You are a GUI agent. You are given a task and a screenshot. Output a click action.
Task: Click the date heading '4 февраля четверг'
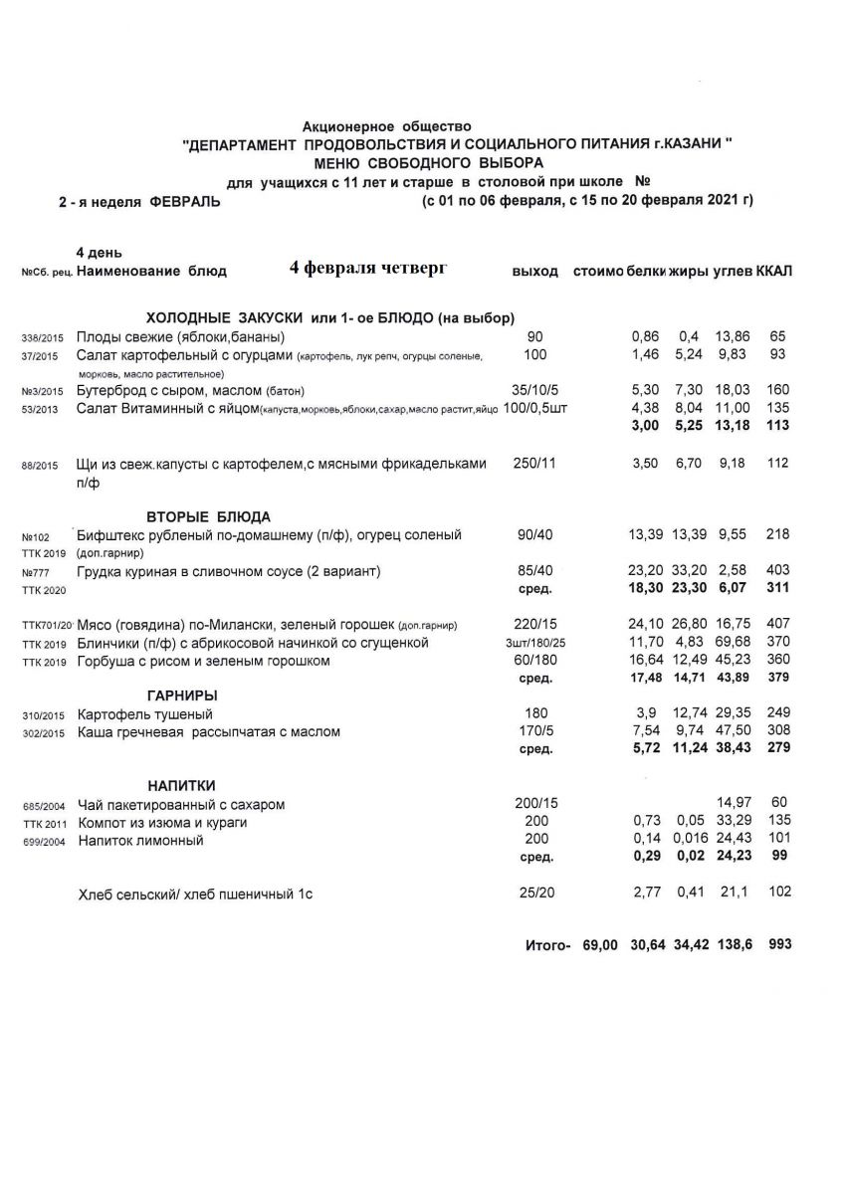(x=368, y=269)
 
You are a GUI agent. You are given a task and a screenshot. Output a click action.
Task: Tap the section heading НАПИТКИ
(x=182, y=785)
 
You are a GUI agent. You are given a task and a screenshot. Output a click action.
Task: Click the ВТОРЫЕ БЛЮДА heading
(x=209, y=516)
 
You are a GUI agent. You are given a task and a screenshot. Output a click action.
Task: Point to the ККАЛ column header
(x=774, y=272)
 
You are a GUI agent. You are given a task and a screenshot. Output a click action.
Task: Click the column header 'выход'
(x=534, y=272)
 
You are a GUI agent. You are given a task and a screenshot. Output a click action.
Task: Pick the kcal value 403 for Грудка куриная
(x=778, y=570)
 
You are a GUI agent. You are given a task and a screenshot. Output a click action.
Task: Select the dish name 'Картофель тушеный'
(x=144, y=714)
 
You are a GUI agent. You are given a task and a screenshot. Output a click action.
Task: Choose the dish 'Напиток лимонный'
(x=140, y=841)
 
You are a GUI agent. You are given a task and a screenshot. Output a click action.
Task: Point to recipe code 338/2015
(x=42, y=337)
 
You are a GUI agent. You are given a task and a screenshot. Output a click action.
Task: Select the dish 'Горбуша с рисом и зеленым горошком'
(x=203, y=662)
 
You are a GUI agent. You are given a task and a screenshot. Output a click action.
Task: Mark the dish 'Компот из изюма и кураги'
(x=162, y=823)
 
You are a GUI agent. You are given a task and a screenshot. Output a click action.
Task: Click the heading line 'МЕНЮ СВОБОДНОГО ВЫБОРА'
(x=429, y=162)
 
